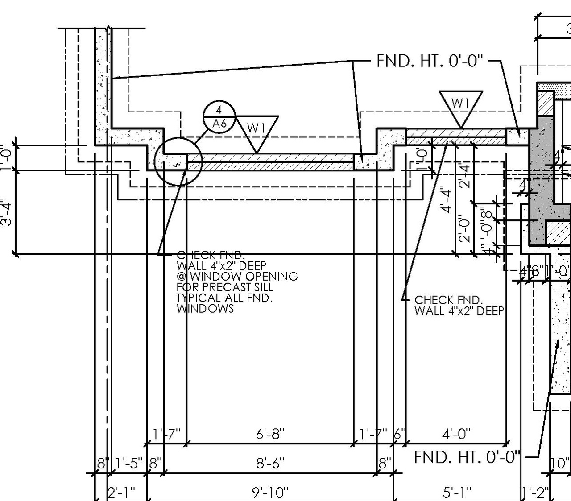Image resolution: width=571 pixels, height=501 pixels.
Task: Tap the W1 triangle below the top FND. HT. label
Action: [460, 106]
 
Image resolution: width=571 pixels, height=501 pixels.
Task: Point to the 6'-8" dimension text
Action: [270, 434]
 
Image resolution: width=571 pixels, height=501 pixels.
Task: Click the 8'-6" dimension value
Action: [270, 463]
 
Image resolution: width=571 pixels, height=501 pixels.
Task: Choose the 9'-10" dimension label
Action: [270, 493]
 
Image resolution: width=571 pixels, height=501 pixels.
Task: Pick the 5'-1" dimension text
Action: [457, 493]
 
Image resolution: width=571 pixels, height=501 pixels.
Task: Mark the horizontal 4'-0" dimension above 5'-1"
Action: [456, 434]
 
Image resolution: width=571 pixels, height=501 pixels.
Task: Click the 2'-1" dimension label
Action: [121, 493]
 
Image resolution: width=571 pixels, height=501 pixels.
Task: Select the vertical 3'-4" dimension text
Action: [6, 212]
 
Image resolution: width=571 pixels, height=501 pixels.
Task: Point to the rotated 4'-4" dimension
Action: [447, 199]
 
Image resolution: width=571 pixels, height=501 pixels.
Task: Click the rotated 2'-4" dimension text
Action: [465, 175]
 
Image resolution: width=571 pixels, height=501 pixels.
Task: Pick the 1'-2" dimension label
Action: [535, 493]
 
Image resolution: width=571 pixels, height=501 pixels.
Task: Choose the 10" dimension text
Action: [560, 463]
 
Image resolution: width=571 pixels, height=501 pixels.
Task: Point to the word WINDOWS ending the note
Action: [205, 308]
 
